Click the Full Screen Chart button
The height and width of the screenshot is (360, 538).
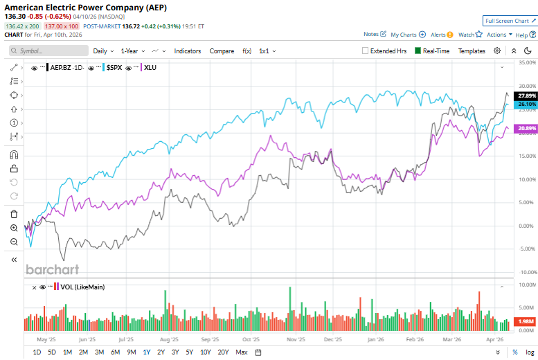tap(510, 21)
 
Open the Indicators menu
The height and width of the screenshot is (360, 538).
tap(188, 51)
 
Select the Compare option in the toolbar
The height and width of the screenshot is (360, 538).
tap(222, 51)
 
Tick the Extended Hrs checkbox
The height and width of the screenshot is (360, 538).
tap(366, 51)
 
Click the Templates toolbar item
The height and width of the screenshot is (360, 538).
tap(472, 51)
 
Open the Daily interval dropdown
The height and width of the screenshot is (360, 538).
tap(103, 51)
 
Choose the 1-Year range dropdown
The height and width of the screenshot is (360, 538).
tap(133, 51)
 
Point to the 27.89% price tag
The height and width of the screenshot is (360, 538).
tap(527, 96)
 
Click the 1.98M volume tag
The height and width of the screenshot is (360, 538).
tap(527, 321)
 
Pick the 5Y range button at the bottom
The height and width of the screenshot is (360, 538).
tap(190, 352)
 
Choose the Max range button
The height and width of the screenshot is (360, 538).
tap(242, 352)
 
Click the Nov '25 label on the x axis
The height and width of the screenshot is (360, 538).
tap(296, 340)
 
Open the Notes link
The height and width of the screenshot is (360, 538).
tap(372, 35)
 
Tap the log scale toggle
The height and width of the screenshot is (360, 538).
tap(529, 352)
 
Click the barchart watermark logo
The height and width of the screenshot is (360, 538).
tap(52, 269)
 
